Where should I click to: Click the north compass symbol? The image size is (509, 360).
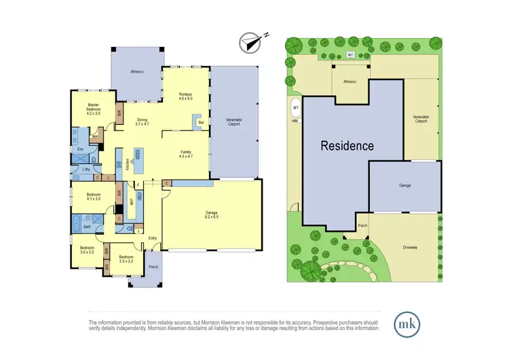(250, 43)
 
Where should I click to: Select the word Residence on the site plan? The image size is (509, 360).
(347, 145)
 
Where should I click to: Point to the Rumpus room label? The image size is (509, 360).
(186, 96)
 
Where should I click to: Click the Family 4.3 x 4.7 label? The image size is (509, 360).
(185, 154)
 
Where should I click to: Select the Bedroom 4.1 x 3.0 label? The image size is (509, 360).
(94, 197)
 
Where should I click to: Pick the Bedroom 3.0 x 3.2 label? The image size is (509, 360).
(87, 249)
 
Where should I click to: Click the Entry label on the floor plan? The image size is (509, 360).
(152, 238)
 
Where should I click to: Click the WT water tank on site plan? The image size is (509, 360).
(296, 108)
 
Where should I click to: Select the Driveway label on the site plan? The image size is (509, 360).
(409, 247)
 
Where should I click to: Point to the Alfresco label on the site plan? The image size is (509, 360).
(350, 81)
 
